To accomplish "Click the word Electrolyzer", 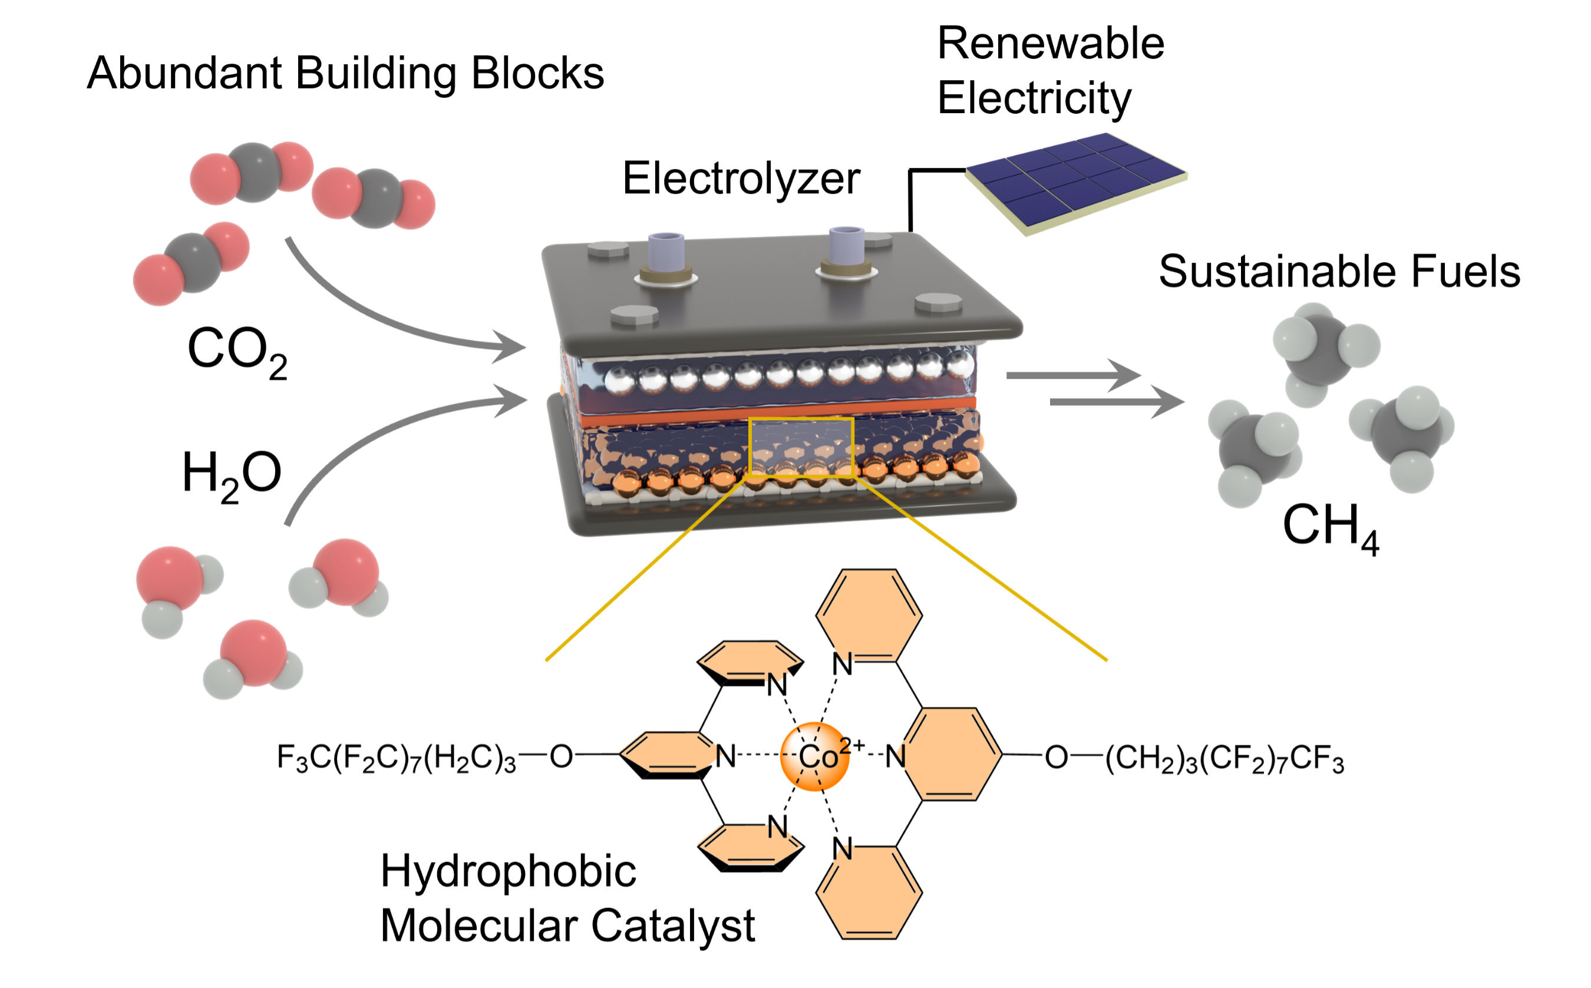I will tap(741, 179).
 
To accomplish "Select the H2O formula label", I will tap(232, 475).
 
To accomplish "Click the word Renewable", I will tap(1050, 44).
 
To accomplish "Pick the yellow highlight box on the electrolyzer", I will tap(800, 447).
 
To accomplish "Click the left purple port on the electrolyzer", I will tap(666, 252).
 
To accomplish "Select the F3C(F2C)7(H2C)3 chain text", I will tap(396, 758).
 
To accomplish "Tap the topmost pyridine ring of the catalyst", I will tap(869, 614).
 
